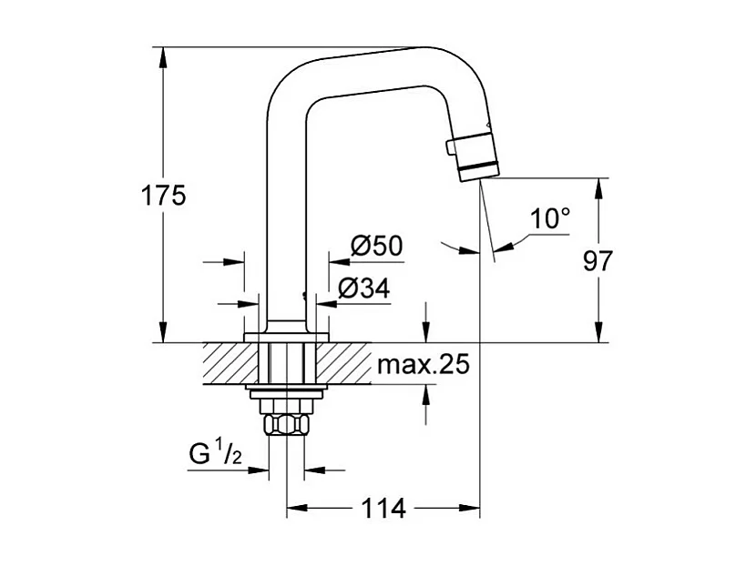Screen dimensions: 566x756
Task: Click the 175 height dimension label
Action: [164, 195]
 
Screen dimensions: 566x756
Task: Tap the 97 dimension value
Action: [598, 261]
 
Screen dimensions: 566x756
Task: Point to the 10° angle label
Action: [550, 218]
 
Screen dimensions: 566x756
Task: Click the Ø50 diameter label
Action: [376, 246]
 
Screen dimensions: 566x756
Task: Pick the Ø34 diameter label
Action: [363, 288]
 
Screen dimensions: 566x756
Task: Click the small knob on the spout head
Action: [449, 147]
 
